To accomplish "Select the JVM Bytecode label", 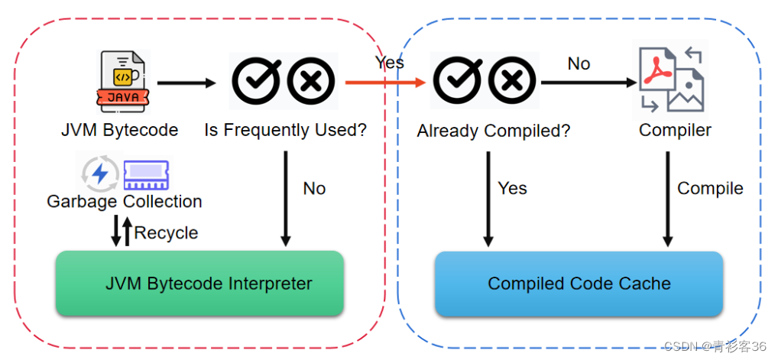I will [120, 130].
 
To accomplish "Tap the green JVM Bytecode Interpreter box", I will [199, 284].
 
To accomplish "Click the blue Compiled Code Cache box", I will [579, 284].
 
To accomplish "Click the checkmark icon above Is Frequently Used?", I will [256, 81].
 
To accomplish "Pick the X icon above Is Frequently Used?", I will [311, 81].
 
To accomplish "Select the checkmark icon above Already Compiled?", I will [459, 81].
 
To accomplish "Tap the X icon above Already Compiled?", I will [512, 81].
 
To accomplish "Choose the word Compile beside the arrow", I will [710, 188].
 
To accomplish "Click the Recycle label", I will [166, 233].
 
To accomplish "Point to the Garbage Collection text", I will [125, 202].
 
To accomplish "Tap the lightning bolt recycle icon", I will [100, 174].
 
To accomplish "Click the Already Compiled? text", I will [493, 131].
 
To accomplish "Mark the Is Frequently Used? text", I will [285, 130].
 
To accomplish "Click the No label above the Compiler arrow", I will [579, 63].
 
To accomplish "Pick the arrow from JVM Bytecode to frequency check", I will [186, 82].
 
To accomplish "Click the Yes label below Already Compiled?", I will [512, 188].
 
